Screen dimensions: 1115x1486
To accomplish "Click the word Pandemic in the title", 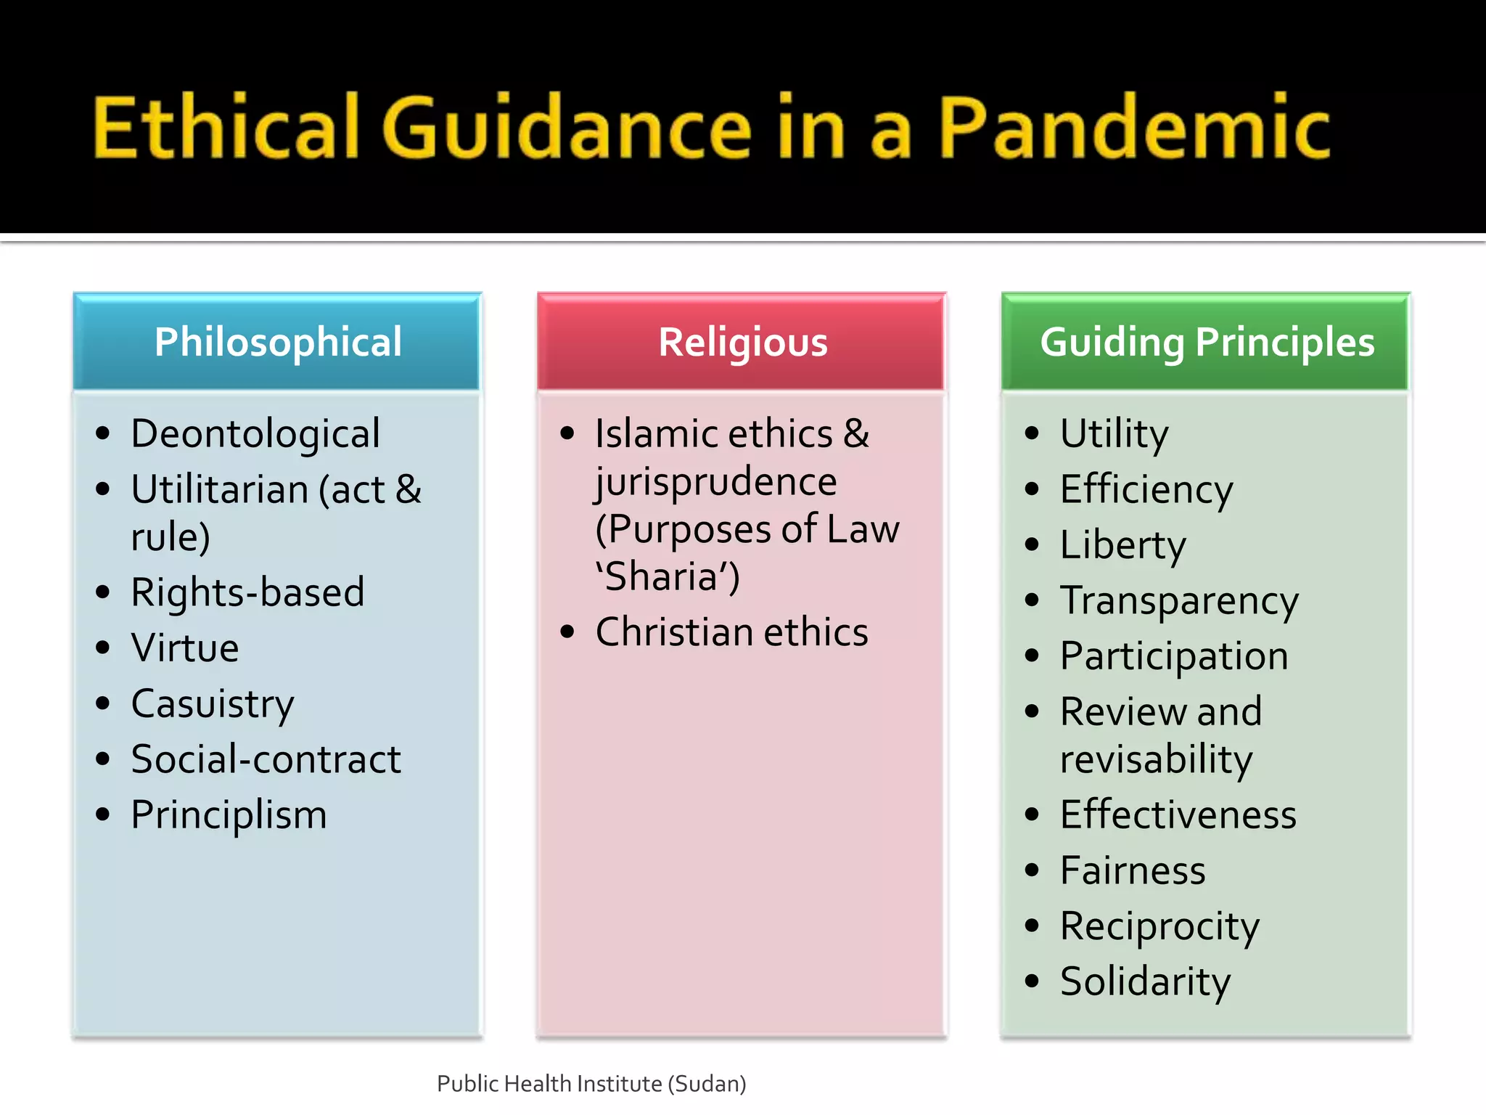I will [1134, 127].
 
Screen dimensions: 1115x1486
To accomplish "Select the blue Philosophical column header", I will [277, 342].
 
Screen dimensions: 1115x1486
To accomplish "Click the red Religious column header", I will [742, 342].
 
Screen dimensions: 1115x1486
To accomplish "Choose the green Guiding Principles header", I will [1207, 342].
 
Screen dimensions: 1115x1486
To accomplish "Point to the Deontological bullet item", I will [255, 434].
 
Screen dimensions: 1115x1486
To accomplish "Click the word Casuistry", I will [213, 704].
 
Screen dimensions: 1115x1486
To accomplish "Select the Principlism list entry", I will [229, 815].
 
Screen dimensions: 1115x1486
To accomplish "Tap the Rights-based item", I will [247, 592].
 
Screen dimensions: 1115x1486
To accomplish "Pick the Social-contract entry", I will [266, 760].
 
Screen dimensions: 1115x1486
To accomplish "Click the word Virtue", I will [185, 648].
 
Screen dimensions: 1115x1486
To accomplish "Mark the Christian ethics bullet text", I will [731, 632].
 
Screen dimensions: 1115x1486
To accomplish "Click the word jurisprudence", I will [715, 483].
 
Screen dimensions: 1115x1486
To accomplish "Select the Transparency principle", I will [1179, 601].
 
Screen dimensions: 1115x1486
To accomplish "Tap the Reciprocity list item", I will [1159, 927].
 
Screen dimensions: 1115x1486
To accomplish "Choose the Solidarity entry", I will [1145, 982].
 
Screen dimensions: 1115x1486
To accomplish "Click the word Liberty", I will [1122, 545].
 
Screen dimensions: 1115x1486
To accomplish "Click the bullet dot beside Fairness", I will [1032, 870].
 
